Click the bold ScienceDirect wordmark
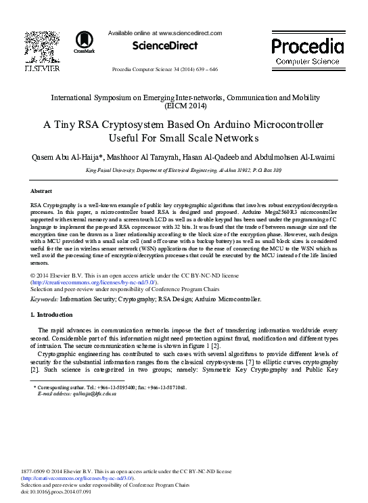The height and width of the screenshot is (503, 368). (x=164, y=46)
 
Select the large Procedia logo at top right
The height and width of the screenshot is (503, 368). (x=307, y=46)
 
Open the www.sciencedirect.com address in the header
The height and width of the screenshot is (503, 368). (x=190, y=32)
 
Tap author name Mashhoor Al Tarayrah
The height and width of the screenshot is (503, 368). (x=145, y=157)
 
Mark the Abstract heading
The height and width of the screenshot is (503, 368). (x=41, y=192)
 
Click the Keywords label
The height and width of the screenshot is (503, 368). (x=45, y=299)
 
